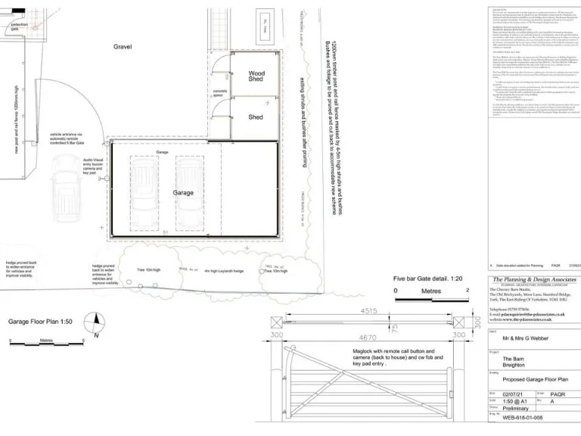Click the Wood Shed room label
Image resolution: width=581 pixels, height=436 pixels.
256,76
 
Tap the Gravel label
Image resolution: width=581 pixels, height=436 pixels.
123,47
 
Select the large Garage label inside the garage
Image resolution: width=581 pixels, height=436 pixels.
183,192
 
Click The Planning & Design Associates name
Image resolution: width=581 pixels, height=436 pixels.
534,279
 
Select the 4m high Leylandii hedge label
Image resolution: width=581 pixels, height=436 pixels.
225,270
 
